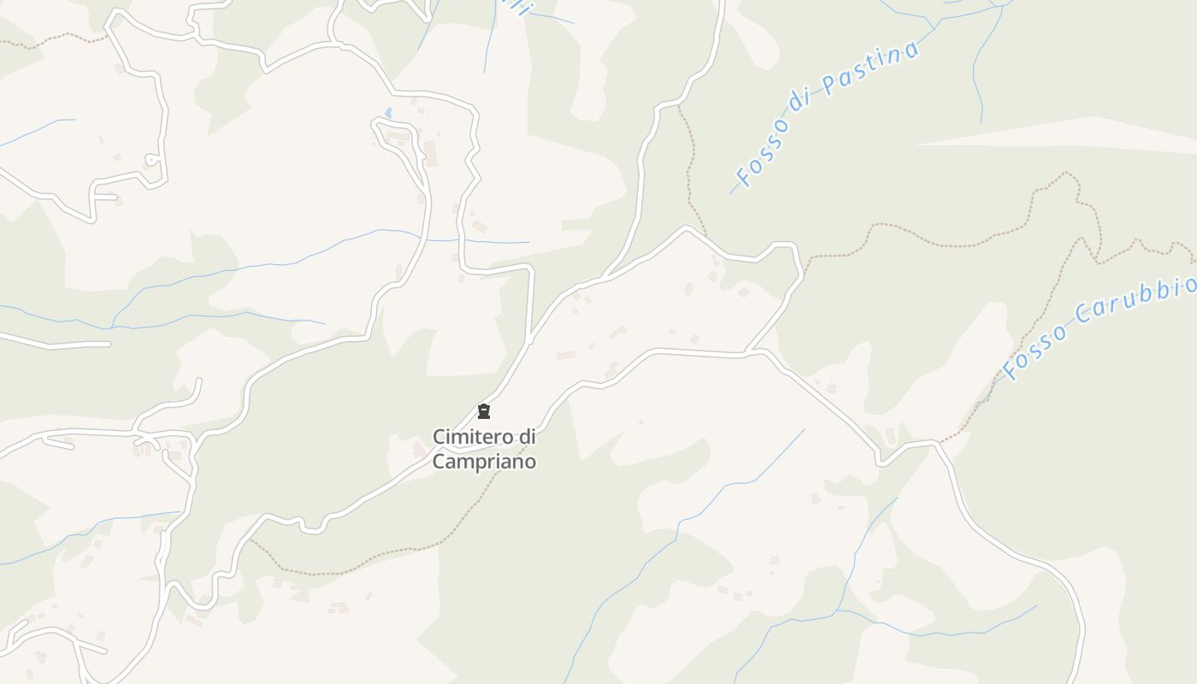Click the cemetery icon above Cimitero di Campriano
click(x=484, y=411)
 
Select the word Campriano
click(x=484, y=462)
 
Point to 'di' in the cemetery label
click(x=527, y=437)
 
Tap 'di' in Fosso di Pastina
click(x=799, y=99)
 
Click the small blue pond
click(x=389, y=113)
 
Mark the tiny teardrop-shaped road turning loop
click(x=151, y=159)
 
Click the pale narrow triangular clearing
click(x=1069, y=136)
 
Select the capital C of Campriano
click(x=439, y=462)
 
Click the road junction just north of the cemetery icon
click(x=530, y=339)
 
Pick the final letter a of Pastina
click(x=911, y=48)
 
